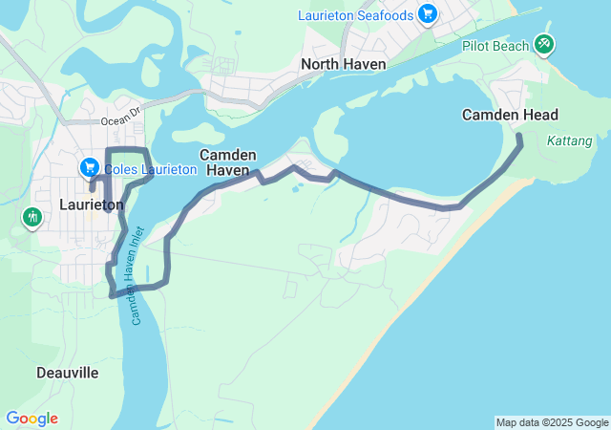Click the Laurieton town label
[x=92, y=204]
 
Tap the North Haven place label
[x=343, y=64]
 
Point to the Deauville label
[x=67, y=373]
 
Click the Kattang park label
[x=570, y=141]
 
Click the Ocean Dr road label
[x=120, y=121]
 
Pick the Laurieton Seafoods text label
[x=355, y=15]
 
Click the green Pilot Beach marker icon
[x=545, y=43]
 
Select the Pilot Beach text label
[x=496, y=46]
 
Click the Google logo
[x=32, y=419]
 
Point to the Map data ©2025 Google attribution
[x=552, y=422]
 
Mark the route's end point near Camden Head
[x=520, y=139]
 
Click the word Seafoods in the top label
[x=388, y=15]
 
